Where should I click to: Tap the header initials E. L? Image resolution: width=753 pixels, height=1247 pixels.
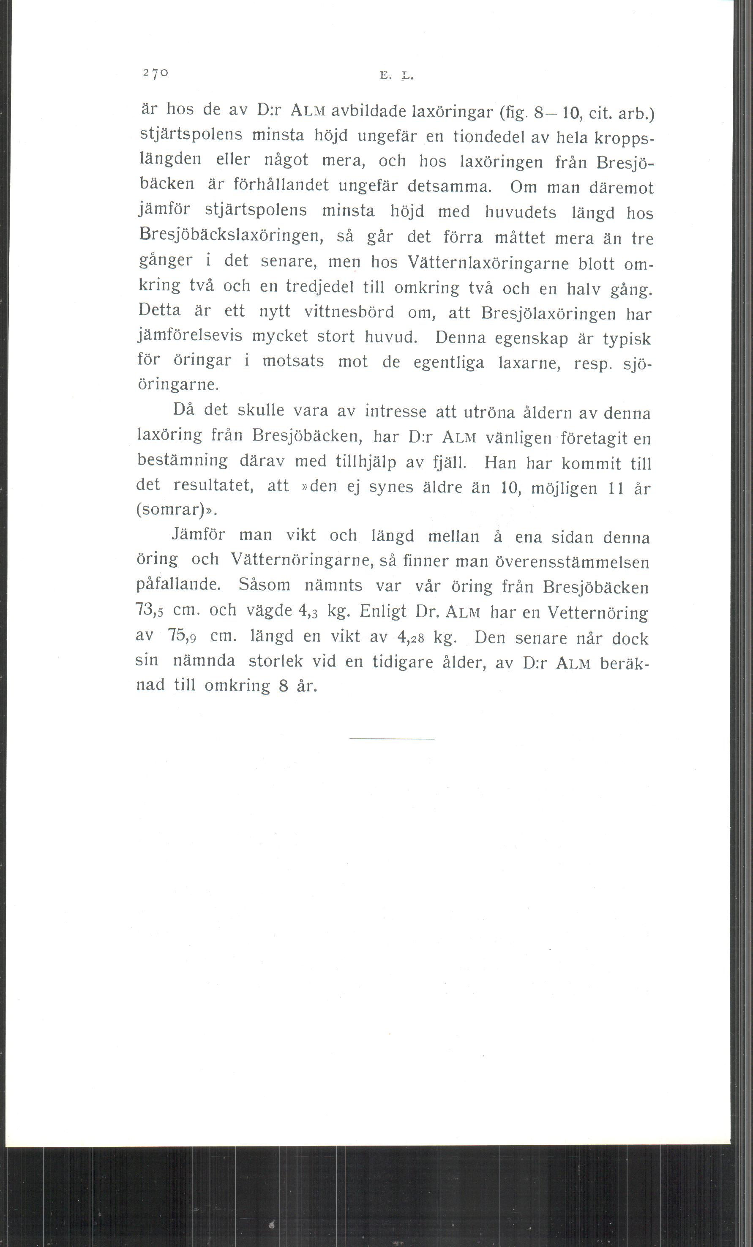point(396,77)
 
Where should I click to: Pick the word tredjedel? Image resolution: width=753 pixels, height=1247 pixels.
point(319,287)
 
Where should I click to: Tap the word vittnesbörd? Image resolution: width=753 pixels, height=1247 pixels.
point(349,312)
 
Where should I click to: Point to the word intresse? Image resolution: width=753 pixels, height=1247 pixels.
point(396,411)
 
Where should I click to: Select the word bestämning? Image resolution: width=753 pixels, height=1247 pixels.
point(182,460)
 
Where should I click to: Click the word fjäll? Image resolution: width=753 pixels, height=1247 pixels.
point(449,462)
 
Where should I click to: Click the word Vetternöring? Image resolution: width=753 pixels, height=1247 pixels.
point(597,613)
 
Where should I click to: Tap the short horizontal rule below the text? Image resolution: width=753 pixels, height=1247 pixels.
point(392,739)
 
